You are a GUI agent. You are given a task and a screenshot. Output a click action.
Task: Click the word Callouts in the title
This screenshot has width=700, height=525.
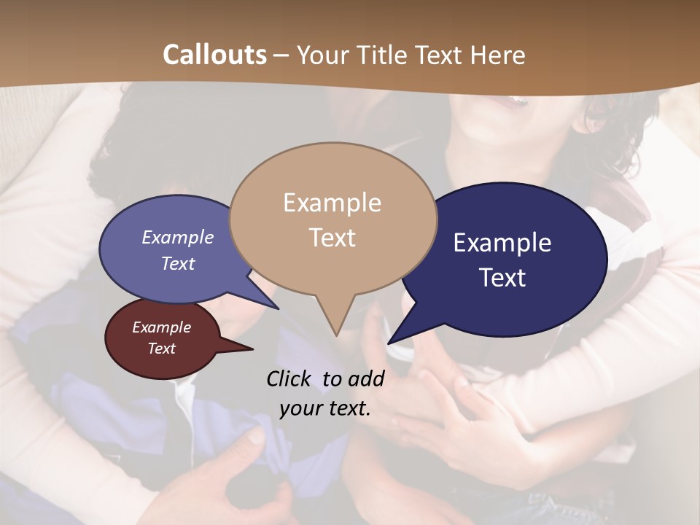pos(214,55)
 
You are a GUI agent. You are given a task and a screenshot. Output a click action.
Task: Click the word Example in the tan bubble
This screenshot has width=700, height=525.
pos(332,203)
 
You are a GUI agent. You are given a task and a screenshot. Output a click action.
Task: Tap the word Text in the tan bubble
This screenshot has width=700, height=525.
pos(332,238)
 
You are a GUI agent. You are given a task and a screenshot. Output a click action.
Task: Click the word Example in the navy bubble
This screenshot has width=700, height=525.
pos(502,243)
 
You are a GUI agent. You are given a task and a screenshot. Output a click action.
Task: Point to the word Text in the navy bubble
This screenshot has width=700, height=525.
pos(503,278)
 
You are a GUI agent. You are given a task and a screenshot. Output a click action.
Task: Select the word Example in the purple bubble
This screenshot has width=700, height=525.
pos(177,237)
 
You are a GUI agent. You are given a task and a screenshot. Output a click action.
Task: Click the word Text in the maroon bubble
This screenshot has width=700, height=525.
pos(162,349)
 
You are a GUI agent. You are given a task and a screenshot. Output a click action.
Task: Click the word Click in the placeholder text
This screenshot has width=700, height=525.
pos(289,378)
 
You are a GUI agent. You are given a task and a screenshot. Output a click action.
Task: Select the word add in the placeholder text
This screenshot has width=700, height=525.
pos(367,378)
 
